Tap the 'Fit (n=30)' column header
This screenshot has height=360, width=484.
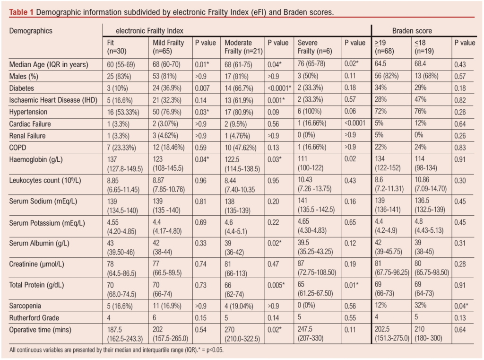pyautogui.click(x=117, y=46)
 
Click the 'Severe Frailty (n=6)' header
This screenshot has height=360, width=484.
pyautogui.click(x=312, y=46)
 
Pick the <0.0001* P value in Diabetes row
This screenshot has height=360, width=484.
pyautogui.click(x=278, y=88)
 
